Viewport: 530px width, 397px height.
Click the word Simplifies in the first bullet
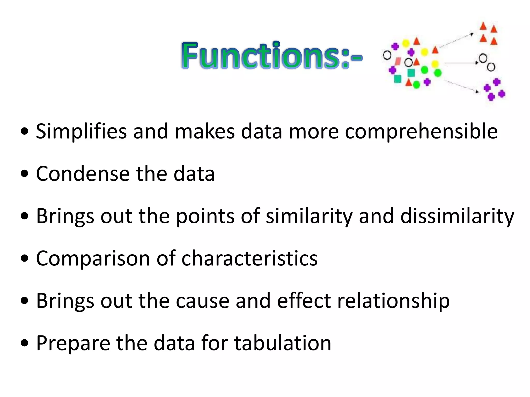81,132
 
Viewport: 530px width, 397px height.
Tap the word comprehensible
421,132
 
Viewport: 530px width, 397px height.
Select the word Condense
83,174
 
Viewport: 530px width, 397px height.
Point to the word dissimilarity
457,216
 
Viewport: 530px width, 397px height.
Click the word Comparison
93,258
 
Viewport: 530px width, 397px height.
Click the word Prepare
73,343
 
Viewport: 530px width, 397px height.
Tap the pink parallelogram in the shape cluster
398,61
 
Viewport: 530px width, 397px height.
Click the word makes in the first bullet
205,132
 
